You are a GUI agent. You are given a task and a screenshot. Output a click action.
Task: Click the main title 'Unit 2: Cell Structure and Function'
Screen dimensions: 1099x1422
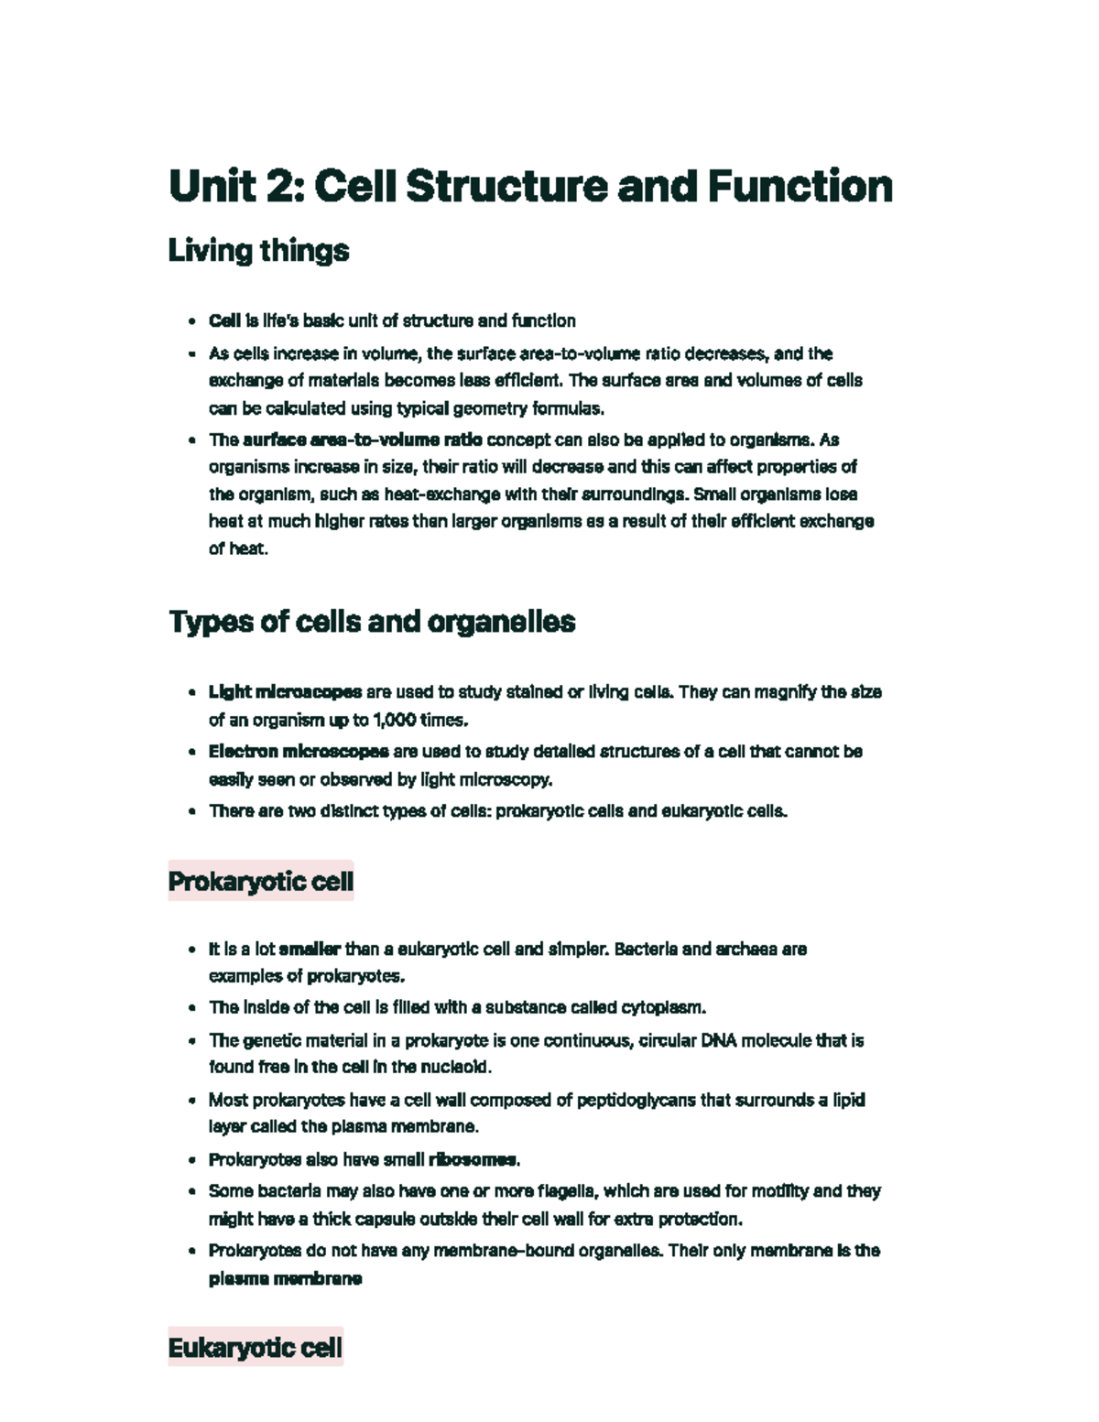[x=530, y=187]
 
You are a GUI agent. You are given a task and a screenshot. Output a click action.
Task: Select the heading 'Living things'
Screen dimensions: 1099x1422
[x=258, y=251]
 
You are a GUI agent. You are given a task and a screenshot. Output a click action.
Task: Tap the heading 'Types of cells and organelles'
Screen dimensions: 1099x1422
[x=372, y=622]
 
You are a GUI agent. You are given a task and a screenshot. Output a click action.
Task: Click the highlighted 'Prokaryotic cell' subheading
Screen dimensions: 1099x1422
[x=261, y=881]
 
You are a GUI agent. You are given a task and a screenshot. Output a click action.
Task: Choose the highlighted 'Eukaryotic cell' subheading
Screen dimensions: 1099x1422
[x=256, y=1348]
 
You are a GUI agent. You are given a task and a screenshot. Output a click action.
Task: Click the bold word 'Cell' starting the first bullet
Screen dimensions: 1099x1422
[x=224, y=320]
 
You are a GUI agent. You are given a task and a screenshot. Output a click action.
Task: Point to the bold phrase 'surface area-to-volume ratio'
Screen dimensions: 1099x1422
[x=363, y=440]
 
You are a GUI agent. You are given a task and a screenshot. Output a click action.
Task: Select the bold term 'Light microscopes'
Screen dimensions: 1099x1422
[x=285, y=692]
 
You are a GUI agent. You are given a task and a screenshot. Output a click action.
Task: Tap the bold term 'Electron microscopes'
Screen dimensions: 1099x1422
[x=299, y=752]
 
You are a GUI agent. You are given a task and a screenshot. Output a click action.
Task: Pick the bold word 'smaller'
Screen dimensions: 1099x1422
[x=310, y=949]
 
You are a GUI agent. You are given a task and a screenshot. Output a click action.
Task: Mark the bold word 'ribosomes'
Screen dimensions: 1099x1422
[x=473, y=1160]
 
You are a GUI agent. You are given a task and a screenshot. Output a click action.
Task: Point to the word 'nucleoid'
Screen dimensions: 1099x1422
[x=460, y=1067]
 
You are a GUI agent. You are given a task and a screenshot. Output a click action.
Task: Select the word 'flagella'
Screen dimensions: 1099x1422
[x=568, y=1191]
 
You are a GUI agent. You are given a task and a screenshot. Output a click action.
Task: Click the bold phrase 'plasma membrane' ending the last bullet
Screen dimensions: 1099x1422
[x=285, y=1278]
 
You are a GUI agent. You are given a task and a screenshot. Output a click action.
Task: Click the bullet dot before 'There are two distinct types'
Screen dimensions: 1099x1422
[x=191, y=811]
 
